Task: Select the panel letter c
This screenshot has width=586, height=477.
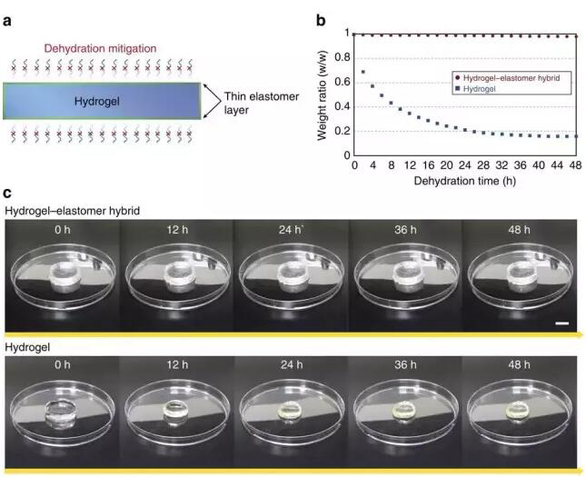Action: [x=7, y=194]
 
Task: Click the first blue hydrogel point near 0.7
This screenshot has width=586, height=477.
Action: [x=363, y=71]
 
